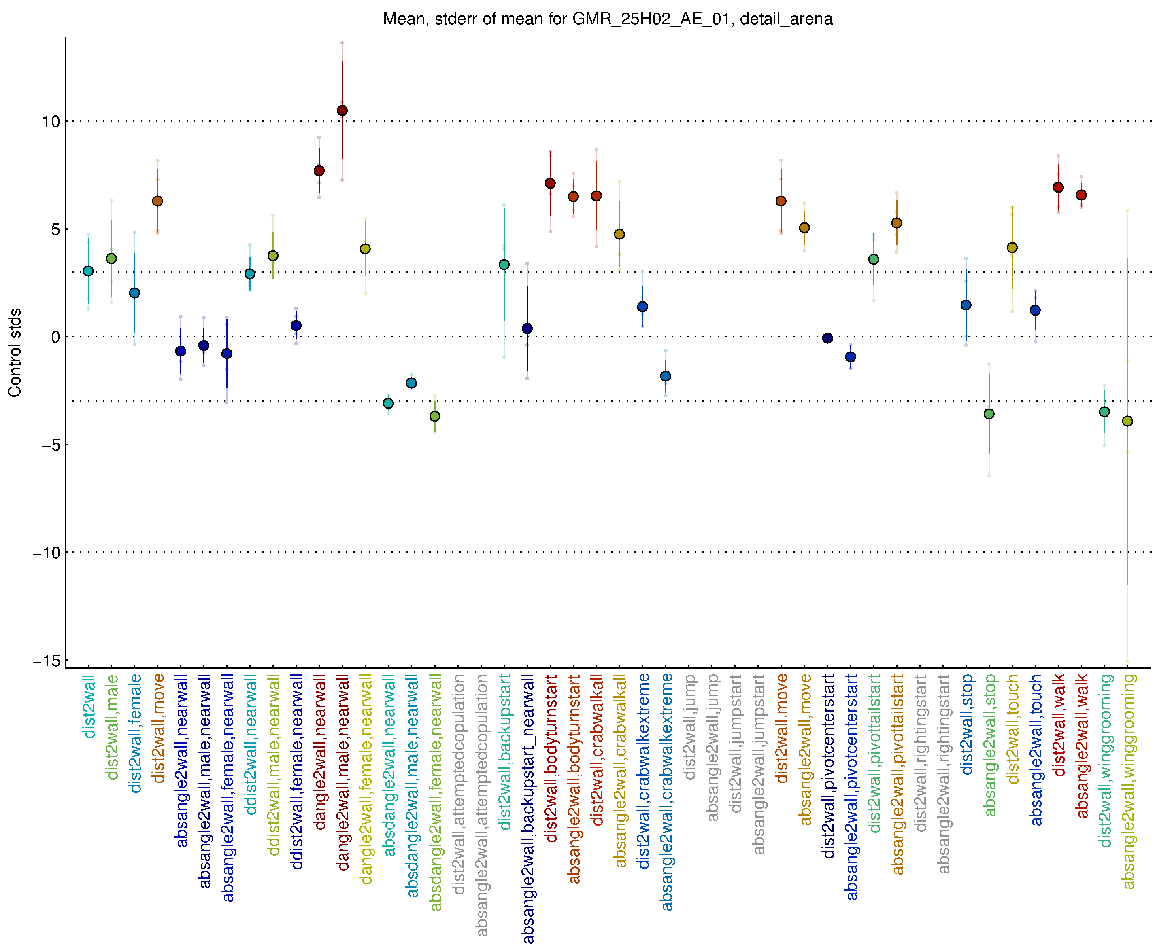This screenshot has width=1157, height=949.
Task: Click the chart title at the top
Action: tap(607, 19)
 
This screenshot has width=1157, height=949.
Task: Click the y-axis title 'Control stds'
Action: tap(15, 353)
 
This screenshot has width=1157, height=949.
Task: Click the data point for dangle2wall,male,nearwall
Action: tap(342, 110)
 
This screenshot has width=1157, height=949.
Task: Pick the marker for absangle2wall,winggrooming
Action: tap(1127, 421)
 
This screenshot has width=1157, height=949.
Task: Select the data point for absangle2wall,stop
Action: tap(989, 414)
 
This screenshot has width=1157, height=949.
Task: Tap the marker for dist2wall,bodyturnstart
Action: tap(550, 183)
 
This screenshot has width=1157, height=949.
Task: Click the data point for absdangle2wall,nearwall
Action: tap(388, 403)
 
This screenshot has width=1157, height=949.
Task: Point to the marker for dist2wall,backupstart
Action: tap(504, 265)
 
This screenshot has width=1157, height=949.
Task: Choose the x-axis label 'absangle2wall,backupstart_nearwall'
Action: tap(528, 809)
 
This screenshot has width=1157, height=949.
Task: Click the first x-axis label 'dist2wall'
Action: tap(89, 706)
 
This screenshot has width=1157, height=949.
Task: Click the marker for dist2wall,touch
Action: tap(1012, 248)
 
